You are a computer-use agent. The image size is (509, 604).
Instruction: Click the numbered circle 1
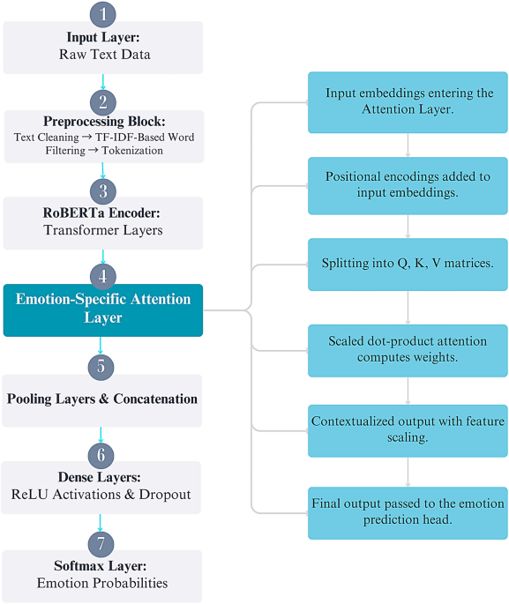coord(103,14)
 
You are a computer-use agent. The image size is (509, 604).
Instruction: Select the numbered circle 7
coord(103,541)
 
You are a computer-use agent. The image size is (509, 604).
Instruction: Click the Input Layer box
coord(103,47)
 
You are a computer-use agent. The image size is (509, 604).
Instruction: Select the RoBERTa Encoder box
coord(103,222)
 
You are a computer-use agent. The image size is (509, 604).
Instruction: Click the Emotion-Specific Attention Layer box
coord(103,309)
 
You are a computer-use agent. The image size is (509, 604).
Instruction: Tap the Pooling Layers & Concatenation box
coord(103,399)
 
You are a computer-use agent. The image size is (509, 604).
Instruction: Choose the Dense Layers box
coord(103,487)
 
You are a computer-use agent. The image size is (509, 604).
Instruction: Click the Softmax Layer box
coord(103,575)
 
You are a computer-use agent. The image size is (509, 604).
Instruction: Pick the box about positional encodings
coord(408,185)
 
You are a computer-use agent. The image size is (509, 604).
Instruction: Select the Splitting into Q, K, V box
coord(408,264)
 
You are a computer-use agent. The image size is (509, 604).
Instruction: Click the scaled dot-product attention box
coord(408,349)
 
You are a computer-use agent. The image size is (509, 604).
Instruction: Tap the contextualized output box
coord(408,430)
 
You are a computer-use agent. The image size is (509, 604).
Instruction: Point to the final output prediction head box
coord(408,512)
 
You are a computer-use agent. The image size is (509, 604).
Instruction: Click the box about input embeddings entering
coord(408,101)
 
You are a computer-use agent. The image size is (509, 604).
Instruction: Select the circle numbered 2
coord(103,101)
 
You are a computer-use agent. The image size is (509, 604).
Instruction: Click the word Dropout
coord(162,495)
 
